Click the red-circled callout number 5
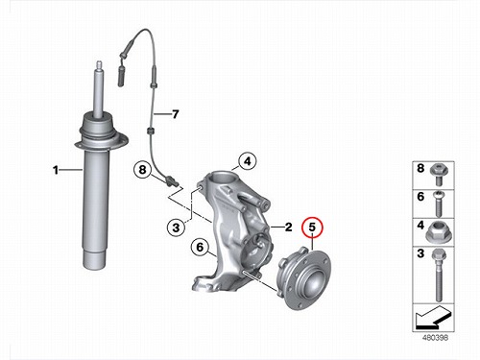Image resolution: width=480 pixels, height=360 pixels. click(x=312, y=228)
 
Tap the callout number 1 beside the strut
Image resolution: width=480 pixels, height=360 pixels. click(x=56, y=170)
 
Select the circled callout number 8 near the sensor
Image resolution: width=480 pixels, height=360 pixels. click(x=142, y=169)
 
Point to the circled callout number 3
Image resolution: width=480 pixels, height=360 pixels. click(x=176, y=228)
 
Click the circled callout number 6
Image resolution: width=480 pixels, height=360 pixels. click(x=200, y=247)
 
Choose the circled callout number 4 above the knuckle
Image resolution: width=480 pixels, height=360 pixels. click(x=248, y=161)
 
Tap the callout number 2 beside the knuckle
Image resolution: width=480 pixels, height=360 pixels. click(x=289, y=227)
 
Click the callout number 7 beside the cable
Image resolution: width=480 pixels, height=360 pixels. click(x=175, y=114)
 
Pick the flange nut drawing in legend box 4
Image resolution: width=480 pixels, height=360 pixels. click(x=437, y=233)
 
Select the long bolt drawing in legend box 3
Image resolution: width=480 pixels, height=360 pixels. click(x=438, y=276)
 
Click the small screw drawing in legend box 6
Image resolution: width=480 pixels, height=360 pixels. click(x=438, y=204)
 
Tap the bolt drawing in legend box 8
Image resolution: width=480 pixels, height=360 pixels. click(x=439, y=175)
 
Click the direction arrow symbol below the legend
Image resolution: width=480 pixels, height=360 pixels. click(x=433, y=318)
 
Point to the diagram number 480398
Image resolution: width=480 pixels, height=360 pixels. click(x=435, y=337)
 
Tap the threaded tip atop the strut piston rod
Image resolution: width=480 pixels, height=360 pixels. click(x=99, y=65)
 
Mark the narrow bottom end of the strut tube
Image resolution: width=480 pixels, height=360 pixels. click(x=94, y=259)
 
